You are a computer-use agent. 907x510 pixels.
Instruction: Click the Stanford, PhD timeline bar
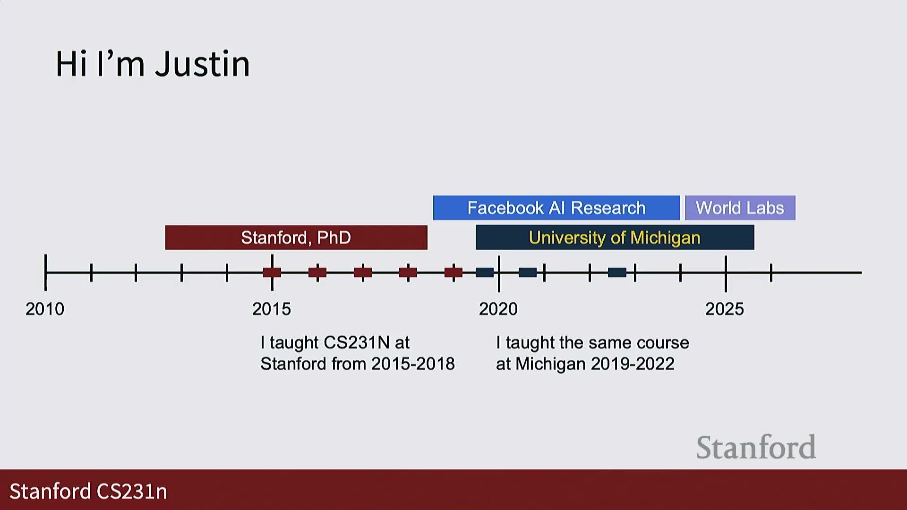click(296, 238)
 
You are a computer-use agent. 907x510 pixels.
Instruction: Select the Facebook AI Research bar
click(556, 208)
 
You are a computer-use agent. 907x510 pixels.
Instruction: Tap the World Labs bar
click(740, 208)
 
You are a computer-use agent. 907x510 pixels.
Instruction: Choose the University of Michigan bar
click(615, 238)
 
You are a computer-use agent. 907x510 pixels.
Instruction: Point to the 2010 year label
click(45, 309)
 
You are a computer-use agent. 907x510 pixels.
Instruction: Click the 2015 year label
click(272, 309)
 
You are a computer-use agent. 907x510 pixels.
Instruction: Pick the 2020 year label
click(498, 309)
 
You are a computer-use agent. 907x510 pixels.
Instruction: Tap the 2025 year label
click(725, 309)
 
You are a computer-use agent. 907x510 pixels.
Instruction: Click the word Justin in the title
click(203, 64)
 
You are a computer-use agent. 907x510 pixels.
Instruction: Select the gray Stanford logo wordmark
click(756, 447)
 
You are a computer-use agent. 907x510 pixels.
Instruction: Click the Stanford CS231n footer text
click(88, 492)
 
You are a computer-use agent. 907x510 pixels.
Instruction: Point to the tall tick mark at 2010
click(45, 272)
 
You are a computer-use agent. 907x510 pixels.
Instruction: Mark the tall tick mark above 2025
click(726, 274)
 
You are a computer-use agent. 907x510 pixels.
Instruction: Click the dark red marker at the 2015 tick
click(272, 272)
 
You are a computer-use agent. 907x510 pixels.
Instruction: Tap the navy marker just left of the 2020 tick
click(485, 272)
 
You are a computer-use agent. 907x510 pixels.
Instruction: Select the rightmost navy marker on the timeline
click(617, 272)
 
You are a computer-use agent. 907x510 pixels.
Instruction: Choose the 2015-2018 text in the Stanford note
click(413, 364)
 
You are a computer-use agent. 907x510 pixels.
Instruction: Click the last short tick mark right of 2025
click(771, 273)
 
